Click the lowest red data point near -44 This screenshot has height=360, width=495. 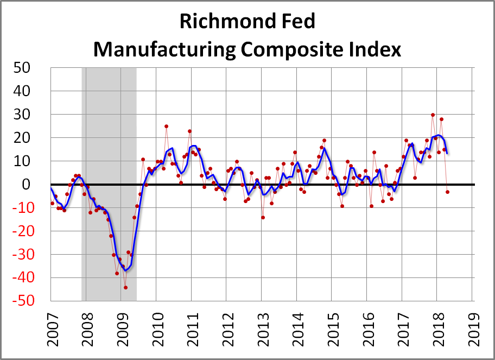pyautogui.click(x=125, y=287)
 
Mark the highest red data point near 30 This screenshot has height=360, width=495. pyautogui.click(x=433, y=115)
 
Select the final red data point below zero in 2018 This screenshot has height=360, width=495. pyautogui.click(x=447, y=192)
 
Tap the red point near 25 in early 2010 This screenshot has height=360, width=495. pyautogui.click(x=166, y=127)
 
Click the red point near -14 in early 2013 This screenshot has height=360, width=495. pyautogui.click(x=263, y=217)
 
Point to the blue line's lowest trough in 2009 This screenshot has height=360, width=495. pyautogui.click(x=126, y=270)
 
